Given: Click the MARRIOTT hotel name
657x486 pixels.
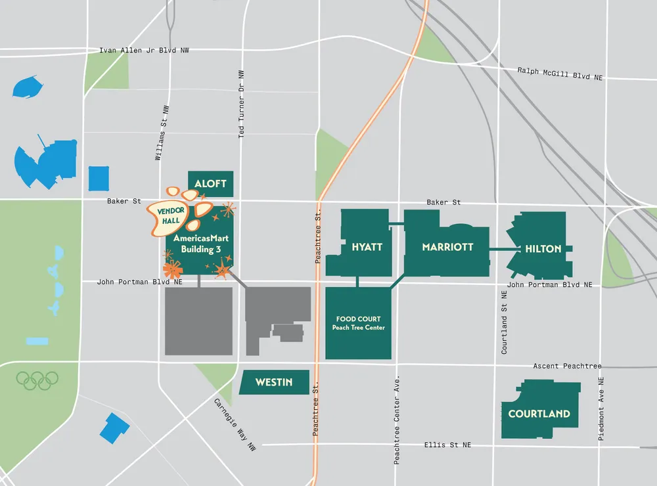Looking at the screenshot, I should pos(447,248).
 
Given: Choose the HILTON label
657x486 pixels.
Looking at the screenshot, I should pos(543,249).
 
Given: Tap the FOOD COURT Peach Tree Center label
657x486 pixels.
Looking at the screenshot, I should pos(358,323).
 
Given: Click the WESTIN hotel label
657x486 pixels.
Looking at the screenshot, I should pos(273,382).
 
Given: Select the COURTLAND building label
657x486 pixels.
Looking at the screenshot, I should pos(539,414).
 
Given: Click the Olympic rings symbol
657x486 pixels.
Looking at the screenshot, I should pos(37,380).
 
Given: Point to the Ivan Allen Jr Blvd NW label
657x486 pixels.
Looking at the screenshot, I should pos(144,51).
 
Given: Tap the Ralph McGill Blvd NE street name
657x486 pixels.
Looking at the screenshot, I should pos(560,74).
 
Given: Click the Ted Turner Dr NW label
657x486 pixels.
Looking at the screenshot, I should pos(241,104).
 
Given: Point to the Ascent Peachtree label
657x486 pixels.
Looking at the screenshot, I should pos(567,366).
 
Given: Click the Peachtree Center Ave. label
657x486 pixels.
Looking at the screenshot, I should pos(397,421).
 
